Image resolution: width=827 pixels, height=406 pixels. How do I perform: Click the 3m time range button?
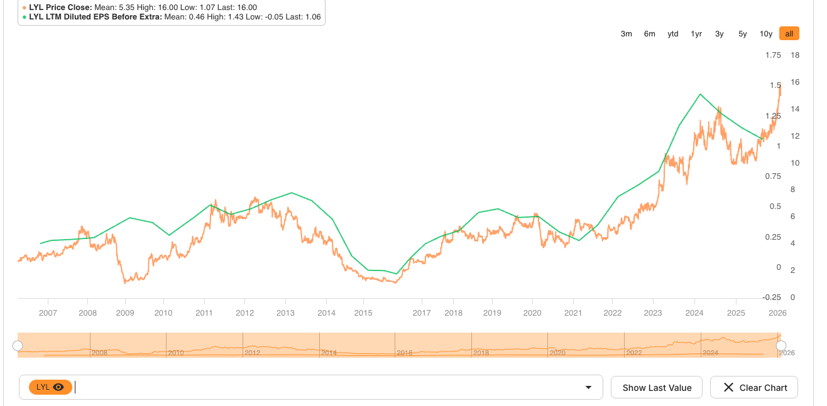click(x=626, y=34)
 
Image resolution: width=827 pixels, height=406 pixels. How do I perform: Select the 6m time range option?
click(x=649, y=34)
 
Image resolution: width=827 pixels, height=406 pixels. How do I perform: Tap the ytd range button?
click(x=672, y=34)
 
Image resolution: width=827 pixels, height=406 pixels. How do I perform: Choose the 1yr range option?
click(x=696, y=34)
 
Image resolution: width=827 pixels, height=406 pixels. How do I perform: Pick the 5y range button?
click(x=742, y=34)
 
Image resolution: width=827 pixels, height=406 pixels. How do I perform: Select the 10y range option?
click(x=765, y=34)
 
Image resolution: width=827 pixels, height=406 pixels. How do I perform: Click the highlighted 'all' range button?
click(x=789, y=34)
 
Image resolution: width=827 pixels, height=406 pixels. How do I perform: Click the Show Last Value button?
click(x=657, y=388)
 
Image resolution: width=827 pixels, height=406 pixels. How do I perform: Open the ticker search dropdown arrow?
click(x=588, y=388)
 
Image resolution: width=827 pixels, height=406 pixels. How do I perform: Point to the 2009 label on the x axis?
click(x=125, y=313)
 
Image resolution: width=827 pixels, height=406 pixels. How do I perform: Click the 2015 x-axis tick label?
click(x=363, y=313)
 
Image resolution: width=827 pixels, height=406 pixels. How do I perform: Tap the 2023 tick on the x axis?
click(x=653, y=313)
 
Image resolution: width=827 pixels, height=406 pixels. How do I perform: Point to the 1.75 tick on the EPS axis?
click(x=772, y=55)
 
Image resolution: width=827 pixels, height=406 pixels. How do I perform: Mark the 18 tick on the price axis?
click(x=794, y=55)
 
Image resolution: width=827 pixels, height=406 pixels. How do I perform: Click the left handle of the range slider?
click(x=18, y=346)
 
